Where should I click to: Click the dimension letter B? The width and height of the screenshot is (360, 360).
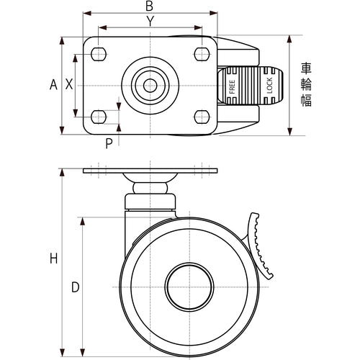(149, 6)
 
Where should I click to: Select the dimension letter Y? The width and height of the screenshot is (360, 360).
(150, 22)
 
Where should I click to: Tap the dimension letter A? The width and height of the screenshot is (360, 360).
(53, 85)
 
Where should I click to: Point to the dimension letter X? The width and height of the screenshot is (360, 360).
(69, 84)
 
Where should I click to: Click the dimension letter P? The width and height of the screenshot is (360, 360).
(109, 143)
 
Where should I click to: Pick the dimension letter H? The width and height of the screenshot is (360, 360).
(54, 258)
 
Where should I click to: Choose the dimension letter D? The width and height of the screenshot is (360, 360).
(76, 287)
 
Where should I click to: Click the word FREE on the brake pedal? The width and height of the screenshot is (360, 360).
(232, 87)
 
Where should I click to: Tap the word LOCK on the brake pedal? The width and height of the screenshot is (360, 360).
(269, 86)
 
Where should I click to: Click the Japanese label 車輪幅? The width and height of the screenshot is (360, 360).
(306, 84)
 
